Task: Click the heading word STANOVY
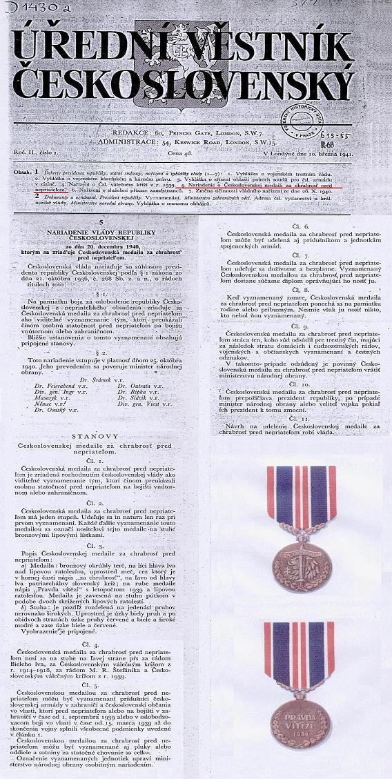click(x=100, y=436)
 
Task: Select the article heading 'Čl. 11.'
click(x=301, y=419)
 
